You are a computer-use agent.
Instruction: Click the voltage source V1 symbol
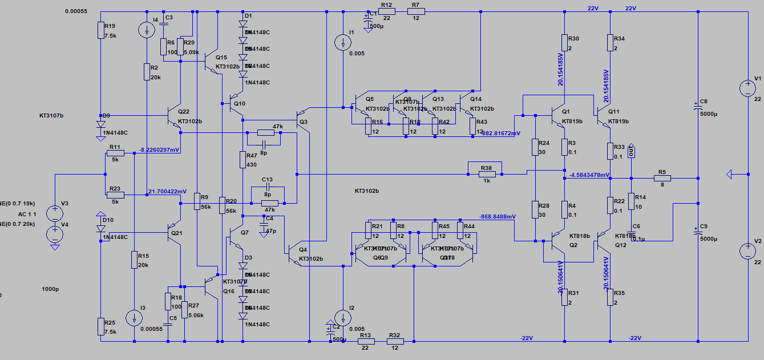pyautogui.click(x=747, y=88)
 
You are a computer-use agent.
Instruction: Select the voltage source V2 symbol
pyautogui.click(x=747, y=250)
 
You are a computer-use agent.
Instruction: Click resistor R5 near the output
pyautogui.click(x=662, y=178)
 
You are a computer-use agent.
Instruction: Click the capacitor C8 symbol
pyautogui.click(x=698, y=108)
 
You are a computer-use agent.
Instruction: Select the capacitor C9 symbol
pyautogui.click(x=698, y=233)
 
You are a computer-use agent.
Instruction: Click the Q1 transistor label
pyautogui.click(x=565, y=112)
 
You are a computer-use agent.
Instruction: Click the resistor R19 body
pyautogui.click(x=100, y=30)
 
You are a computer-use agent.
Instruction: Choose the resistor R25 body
pyautogui.click(x=100, y=326)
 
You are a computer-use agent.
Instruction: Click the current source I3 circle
pyautogui.click(x=134, y=318)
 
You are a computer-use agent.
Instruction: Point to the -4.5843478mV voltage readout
pyautogui.click(x=589, y=175)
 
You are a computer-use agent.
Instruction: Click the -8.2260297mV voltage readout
pyautogui.click(x=159, y=150)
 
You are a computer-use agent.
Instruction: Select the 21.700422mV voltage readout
pyautogui.click(x=167, y=191)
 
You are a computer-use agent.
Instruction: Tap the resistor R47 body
pyautogui.click(x=242, y=160)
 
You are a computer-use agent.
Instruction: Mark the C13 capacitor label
pyautogui.click(x=267, y=179)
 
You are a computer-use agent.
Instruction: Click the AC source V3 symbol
pyautogui.click(x=55, y=213)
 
